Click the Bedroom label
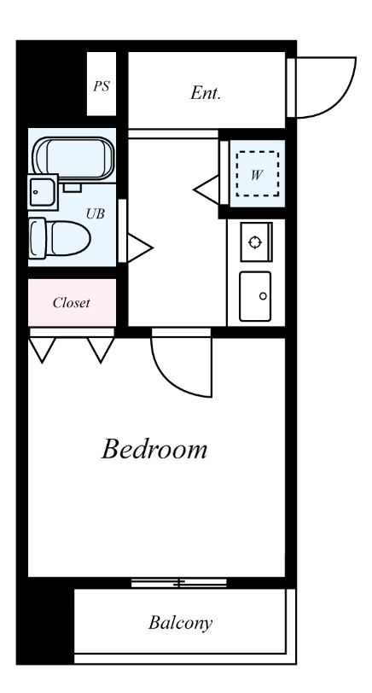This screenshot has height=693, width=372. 154,449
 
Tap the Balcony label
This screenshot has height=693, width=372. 180,623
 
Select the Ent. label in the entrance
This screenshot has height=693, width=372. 206,93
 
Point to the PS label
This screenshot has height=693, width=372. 102,85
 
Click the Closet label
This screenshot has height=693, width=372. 71,303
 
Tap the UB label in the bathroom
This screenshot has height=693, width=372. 96,214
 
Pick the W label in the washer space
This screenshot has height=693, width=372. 256,175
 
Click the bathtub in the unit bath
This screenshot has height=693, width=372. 73,158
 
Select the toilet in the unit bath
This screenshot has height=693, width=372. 59,239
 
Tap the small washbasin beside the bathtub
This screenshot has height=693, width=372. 43,192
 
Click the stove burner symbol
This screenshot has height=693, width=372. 255,242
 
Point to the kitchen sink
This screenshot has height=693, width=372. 255,296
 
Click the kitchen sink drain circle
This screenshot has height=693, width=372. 264,296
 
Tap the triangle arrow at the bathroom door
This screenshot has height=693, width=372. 139,248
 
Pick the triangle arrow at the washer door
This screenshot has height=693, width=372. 206,189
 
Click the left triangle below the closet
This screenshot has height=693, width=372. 43,350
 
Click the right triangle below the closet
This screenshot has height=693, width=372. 101,350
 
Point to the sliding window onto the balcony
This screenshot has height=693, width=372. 179,583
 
